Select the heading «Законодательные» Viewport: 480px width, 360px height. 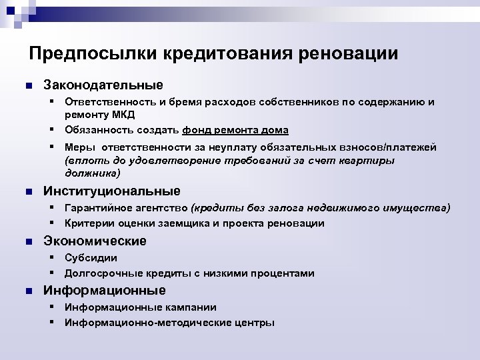103,85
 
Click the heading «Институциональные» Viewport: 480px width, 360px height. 111,191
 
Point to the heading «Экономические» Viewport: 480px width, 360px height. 95,241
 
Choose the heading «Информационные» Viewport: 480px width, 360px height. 104,290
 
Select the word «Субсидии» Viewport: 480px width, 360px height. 91,257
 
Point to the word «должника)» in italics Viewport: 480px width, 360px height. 93,173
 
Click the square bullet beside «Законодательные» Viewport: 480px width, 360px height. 27,86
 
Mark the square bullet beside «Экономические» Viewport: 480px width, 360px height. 27,241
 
